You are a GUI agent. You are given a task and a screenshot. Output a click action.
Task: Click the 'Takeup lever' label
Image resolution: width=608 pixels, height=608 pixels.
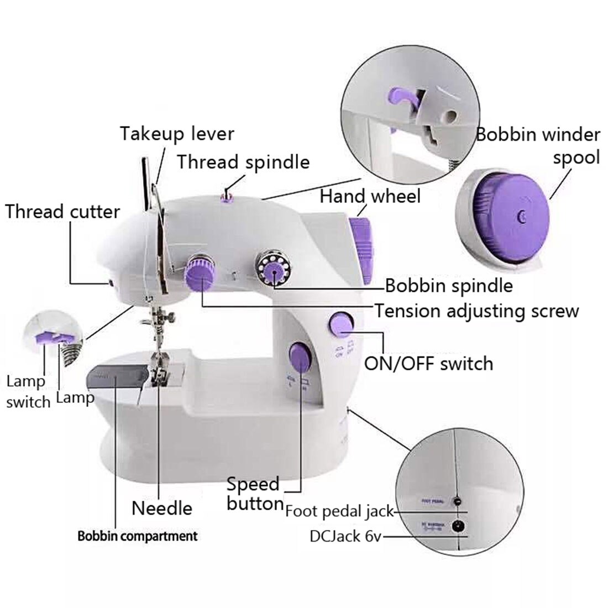[x=177, y=134]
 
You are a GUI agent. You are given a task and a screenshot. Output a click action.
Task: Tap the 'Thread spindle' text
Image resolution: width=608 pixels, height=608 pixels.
[x=243, y=163]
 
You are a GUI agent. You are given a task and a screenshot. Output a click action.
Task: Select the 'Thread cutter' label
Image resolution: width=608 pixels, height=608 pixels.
[x=62, y=212]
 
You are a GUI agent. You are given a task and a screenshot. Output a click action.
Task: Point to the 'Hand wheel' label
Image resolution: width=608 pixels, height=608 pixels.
[x=370, y=196]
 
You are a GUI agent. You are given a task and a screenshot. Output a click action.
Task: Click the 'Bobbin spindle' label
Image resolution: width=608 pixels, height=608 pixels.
[x=448, y=286]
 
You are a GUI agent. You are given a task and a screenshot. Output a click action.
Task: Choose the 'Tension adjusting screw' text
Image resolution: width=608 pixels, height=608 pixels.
[x=476, y=311]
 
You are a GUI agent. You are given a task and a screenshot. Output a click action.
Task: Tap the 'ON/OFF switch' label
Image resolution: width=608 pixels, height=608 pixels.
[x=428, y=364]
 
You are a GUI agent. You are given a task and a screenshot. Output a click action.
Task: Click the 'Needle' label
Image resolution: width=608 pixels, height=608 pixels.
[x=162, y=508]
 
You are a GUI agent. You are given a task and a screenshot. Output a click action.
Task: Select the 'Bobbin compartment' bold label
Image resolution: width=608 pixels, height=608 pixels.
[x=137, y=536]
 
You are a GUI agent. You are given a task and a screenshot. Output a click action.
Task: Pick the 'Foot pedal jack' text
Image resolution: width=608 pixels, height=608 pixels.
[x=339, y=511]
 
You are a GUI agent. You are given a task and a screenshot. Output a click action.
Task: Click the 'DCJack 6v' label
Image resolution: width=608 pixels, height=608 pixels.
[x=346, y=536]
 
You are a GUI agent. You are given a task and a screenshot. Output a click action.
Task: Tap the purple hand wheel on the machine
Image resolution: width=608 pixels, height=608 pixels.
[x=362, y=249]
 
